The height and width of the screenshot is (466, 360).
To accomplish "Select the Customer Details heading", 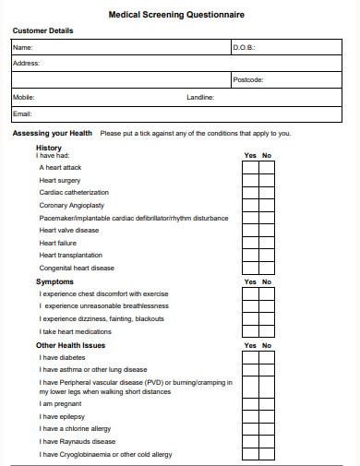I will [42, 30].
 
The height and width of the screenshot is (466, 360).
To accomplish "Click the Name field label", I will [22, 47].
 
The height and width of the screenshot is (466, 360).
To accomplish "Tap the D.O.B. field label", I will [244, 47].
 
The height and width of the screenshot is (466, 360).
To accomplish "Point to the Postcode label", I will [248, 80].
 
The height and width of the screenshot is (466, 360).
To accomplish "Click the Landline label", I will [200, 97].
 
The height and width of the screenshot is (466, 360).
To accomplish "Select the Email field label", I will [22, 114].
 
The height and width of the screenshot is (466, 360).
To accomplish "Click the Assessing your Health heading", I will [52, 134].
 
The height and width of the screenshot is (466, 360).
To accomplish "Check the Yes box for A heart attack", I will [250, 168].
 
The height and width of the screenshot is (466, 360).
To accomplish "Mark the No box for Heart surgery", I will [267, 181].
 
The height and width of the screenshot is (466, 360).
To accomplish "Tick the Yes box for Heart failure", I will [250, 243].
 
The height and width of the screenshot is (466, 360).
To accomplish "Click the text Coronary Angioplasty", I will [72, 206].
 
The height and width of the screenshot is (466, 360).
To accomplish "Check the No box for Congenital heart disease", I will [267, 268].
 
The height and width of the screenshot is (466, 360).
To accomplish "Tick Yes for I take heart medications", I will [250, 330].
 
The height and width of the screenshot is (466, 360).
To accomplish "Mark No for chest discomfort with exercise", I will [267, 293].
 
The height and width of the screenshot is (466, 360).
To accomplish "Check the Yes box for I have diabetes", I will [250, 357].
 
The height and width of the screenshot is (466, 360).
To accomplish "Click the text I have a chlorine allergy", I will [75, 429].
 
